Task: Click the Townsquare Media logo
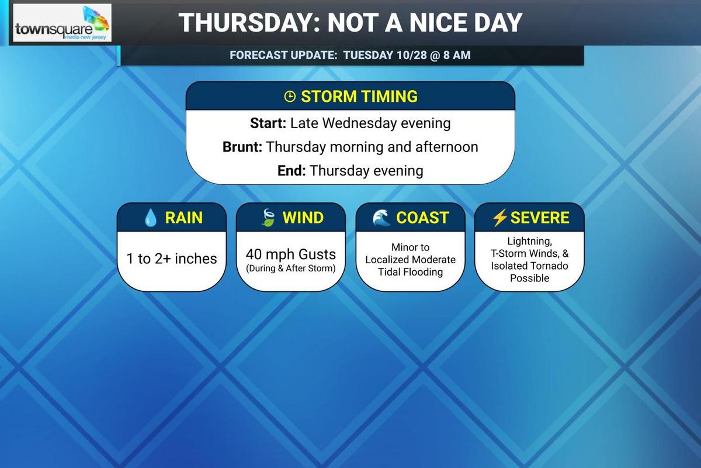pyautogui.click(x=62, y=24)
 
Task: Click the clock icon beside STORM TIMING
pyautogui.click(x=290, y=97)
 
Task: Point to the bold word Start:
pyautogui.click(x=267, y=123)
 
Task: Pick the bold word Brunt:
pyautogui.click(x=242, y=147)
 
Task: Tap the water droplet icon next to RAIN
pyautogui.click(x=151, y=218)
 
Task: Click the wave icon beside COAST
pyautogui.click(x=381, y=218)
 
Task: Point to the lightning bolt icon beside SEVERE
pyautogui.click(x=499, y=218)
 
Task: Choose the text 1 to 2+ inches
pyautogui.click(x=172, y=259)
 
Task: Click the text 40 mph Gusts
pyautogui.click(x=291, y=254)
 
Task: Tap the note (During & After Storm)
pyautogui.click(x=291, y=269)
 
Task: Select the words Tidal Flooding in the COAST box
pyautogui.click(x=410, y=271)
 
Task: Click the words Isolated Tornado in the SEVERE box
pyautogui.click(x=529, y=266)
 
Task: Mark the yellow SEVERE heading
pyautogui.click(x=539, y=218)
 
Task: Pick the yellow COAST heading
pyautogui.click(x=422, y=218)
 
